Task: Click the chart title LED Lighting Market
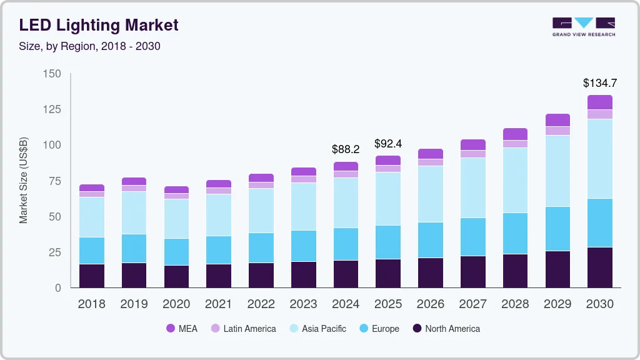pyautogui.click(x=99, y=25)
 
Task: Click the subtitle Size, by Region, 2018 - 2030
pyautogui.click(x=90, y=46)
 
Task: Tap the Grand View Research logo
pyautogui.click(x=583, y=27)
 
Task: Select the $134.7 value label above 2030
pyautogui.click(x=600, y=82)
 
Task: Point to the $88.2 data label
pyautogui.click(x=346, y=149)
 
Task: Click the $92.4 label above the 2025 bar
pyautogui.click(x=388, y=144)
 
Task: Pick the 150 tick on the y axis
pyautogui.click(x=52, y=74)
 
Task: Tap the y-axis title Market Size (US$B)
pyautogui.click(x=24, y=180)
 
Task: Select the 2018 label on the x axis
pyautogui.click(x=91, y=304)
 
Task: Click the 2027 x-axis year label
pyautogui.click(x=473, y=304)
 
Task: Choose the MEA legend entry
pyautogui.click(x=182, y=329)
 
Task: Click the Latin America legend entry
pyautogui.click(x=243, y=329)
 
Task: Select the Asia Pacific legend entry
pyautogui.click(x=317, y=329)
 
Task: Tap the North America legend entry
pyautogui.click(x=446, y=329)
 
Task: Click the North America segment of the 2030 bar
pyautogui.click(x=600, y=267)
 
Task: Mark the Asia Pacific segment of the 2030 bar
pyautogui.click(x=600, y=159)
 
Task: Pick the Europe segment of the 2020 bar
pyautogui.click(x=176, y=252)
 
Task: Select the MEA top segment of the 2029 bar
pyautogui.click(x=558, y=120)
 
